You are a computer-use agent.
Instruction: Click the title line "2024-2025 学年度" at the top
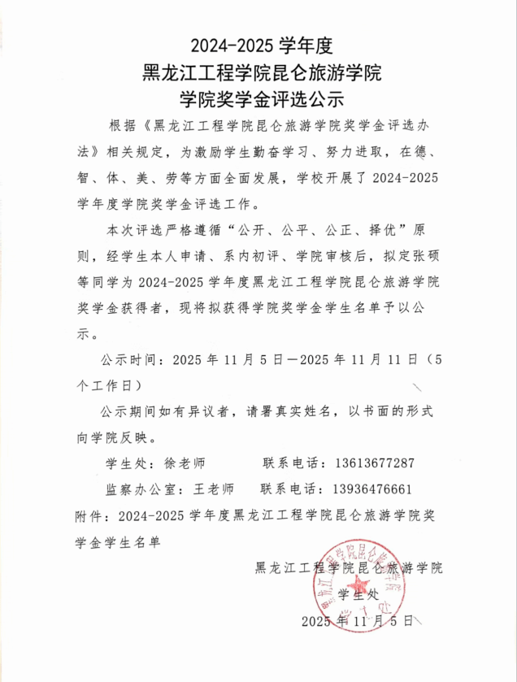pos(258,44)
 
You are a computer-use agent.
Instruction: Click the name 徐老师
pos(186,463)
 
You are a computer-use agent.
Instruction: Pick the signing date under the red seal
pos(358,622)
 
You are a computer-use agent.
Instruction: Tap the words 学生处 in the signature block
pos(358,594)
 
